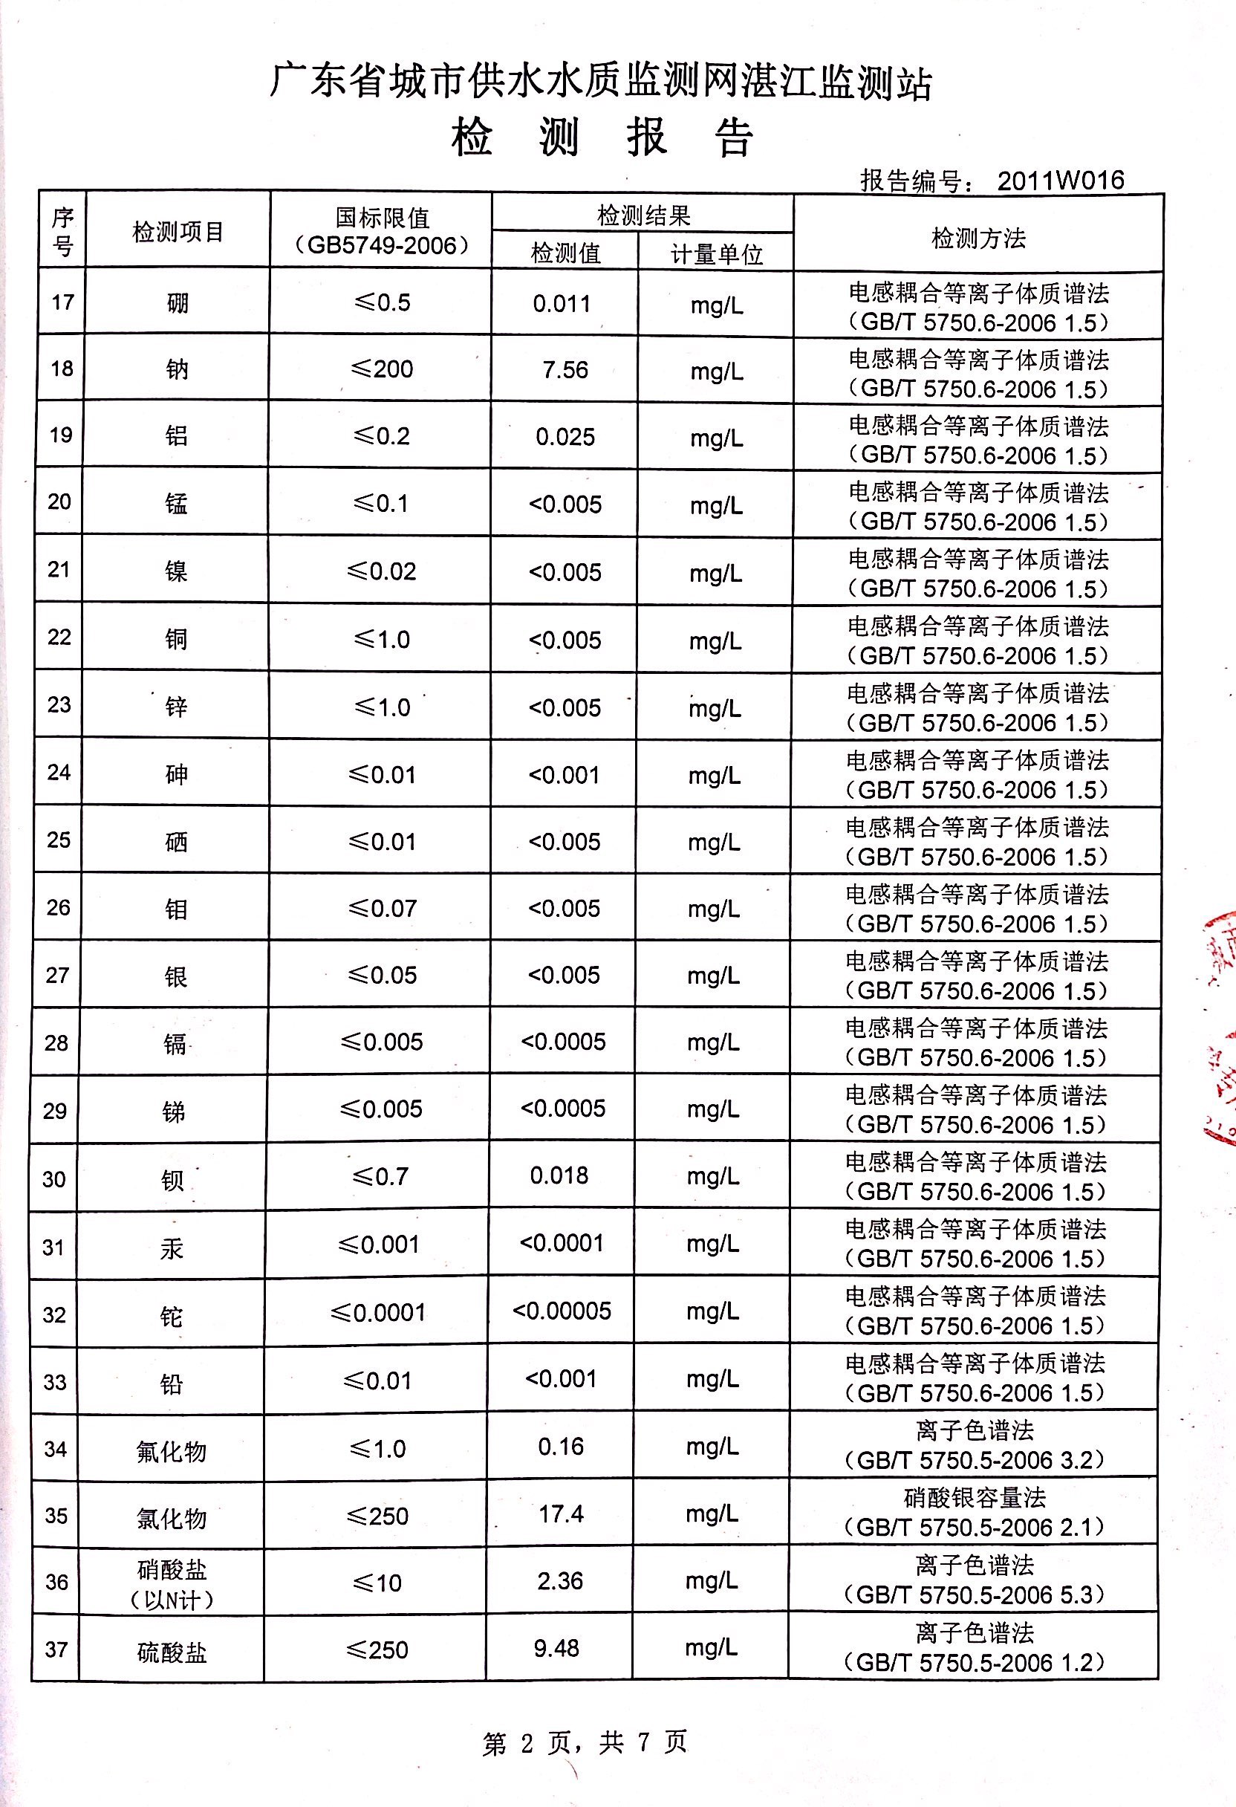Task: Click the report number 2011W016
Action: point(1060,181)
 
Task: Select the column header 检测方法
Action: point(978,238)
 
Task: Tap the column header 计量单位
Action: point(716,254)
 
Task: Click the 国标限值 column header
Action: point(382,231)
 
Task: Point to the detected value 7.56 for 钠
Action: point(565,369)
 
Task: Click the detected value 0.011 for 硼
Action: point(562,303)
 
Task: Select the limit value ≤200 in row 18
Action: point(382,369)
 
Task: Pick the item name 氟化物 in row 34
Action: point(171,1451)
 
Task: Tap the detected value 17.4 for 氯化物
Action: point(562,1514)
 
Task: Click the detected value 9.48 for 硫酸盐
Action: point(556,1647)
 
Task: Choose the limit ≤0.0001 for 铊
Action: point(379,1312)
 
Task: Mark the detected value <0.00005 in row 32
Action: point(562,1311)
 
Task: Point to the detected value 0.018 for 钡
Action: point(560,1175)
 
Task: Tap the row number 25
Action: point(58,840)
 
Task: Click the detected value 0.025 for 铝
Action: point(565,437)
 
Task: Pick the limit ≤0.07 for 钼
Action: point(383,907)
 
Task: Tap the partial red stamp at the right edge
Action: point(1220,1026)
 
